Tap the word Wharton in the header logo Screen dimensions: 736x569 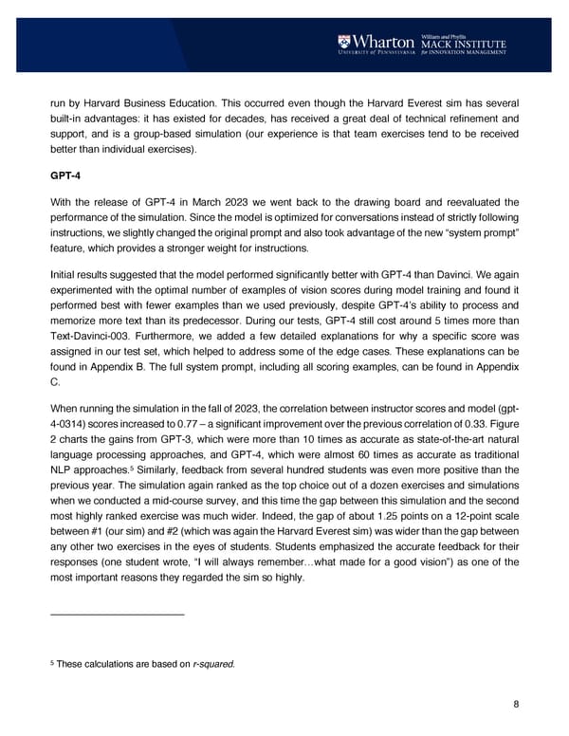coord(384,42)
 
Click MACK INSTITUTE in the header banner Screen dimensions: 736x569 coord(465,43)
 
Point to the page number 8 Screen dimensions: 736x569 coord(515,704)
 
